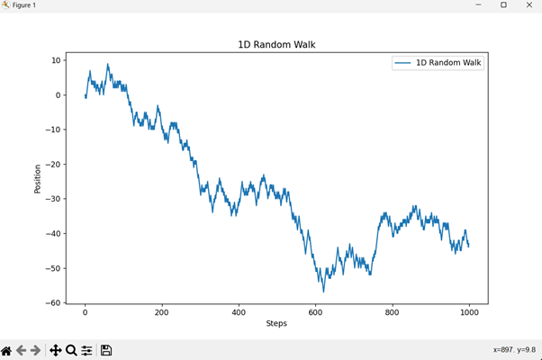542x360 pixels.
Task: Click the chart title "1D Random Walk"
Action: [x=276, y=45]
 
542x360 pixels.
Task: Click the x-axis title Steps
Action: [x=276, y=324]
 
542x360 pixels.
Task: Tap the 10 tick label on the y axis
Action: [x=56, y=60]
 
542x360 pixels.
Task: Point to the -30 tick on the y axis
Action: [x=53, y=199]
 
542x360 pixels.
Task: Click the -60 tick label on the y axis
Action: [x=53, y=303]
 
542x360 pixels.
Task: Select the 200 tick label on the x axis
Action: [x=162, y=313]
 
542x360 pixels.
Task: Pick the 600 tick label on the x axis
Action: [x=315, y=313]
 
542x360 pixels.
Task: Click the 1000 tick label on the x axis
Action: [x=468, y=313]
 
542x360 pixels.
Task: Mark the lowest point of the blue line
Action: [x=323, y=292]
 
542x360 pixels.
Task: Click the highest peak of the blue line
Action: [x=108, y=64]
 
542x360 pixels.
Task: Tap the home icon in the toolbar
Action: [x=7, y=350]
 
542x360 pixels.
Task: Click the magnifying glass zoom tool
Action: [x=71, y=350]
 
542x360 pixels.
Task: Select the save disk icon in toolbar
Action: [x=106, y=350]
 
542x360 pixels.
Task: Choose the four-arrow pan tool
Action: [x=55, y=350]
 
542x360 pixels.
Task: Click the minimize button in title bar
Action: [x=478, y=5]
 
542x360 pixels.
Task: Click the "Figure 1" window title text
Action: [x=24, y=5]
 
